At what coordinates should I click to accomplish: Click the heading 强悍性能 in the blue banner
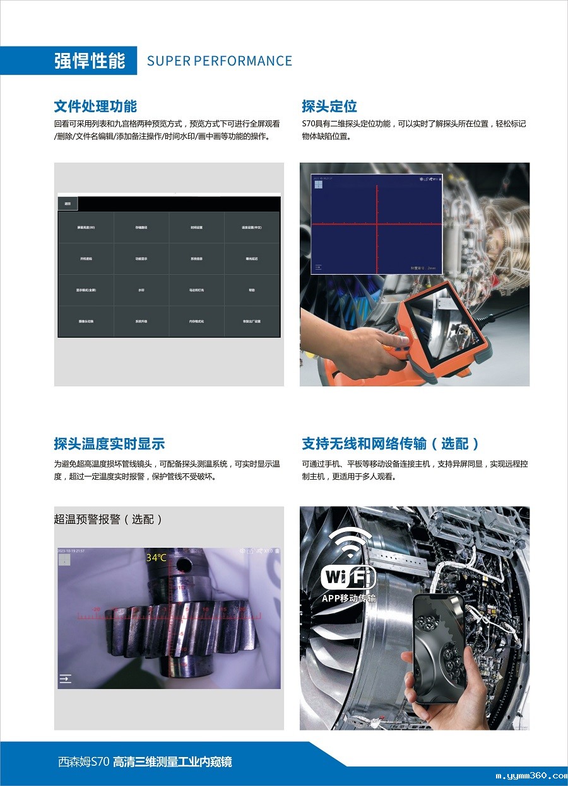[90, 61]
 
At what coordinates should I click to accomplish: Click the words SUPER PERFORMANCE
[219, 61]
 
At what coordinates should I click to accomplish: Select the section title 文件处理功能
[95, 106]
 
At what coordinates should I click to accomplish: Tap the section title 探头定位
[329, 106]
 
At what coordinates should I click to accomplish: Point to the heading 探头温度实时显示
[109, 444]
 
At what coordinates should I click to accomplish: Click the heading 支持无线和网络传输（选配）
[391, 444]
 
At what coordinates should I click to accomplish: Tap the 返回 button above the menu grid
[68, 204]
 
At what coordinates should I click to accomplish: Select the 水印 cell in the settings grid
[141, 290]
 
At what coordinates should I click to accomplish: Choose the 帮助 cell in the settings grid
[252, 290]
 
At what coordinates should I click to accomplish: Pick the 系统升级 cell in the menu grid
[141, 321]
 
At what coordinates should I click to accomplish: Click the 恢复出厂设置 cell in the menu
[252, 321]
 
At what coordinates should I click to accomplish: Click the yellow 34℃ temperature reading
[157, 558]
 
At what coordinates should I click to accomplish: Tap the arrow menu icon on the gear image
[65, 679]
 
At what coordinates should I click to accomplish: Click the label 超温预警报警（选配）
[109, 519]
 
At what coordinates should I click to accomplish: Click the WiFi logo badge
[348, 576]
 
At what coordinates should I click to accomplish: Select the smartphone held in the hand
[439, 649]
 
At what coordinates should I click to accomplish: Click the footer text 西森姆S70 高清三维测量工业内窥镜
[145, 762]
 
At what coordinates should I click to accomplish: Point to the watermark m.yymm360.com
[531, 776]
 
